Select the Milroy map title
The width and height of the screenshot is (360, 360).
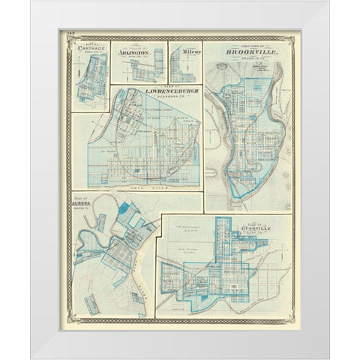click(185, 53)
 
